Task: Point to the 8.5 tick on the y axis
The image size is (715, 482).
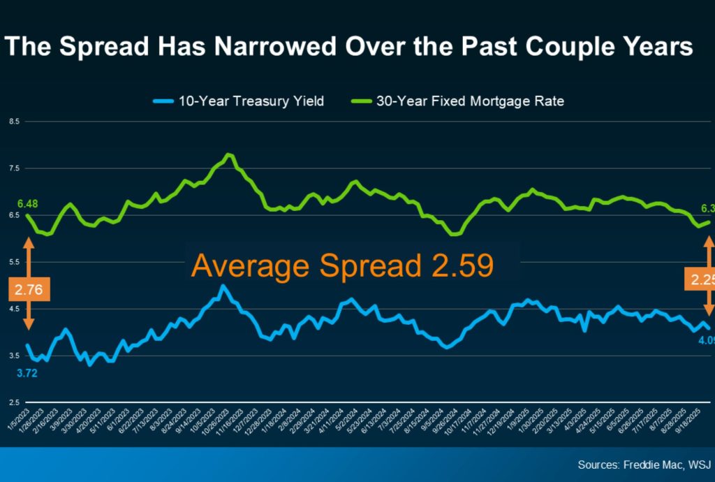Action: [x=13, y=122]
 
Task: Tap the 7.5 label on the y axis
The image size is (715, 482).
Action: [x=13, y=168]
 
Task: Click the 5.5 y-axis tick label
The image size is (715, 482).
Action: [x=13, y=262]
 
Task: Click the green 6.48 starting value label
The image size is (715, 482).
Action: [x=27, y=204]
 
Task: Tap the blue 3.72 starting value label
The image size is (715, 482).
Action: [x=27, y=373]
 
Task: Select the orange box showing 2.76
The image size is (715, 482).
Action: [x=29, y=289]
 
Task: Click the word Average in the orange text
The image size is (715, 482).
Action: [x=241, y=266]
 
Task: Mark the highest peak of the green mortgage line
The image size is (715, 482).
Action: [x=229, y=154]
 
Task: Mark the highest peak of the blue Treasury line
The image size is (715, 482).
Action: [x=223, y=286]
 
